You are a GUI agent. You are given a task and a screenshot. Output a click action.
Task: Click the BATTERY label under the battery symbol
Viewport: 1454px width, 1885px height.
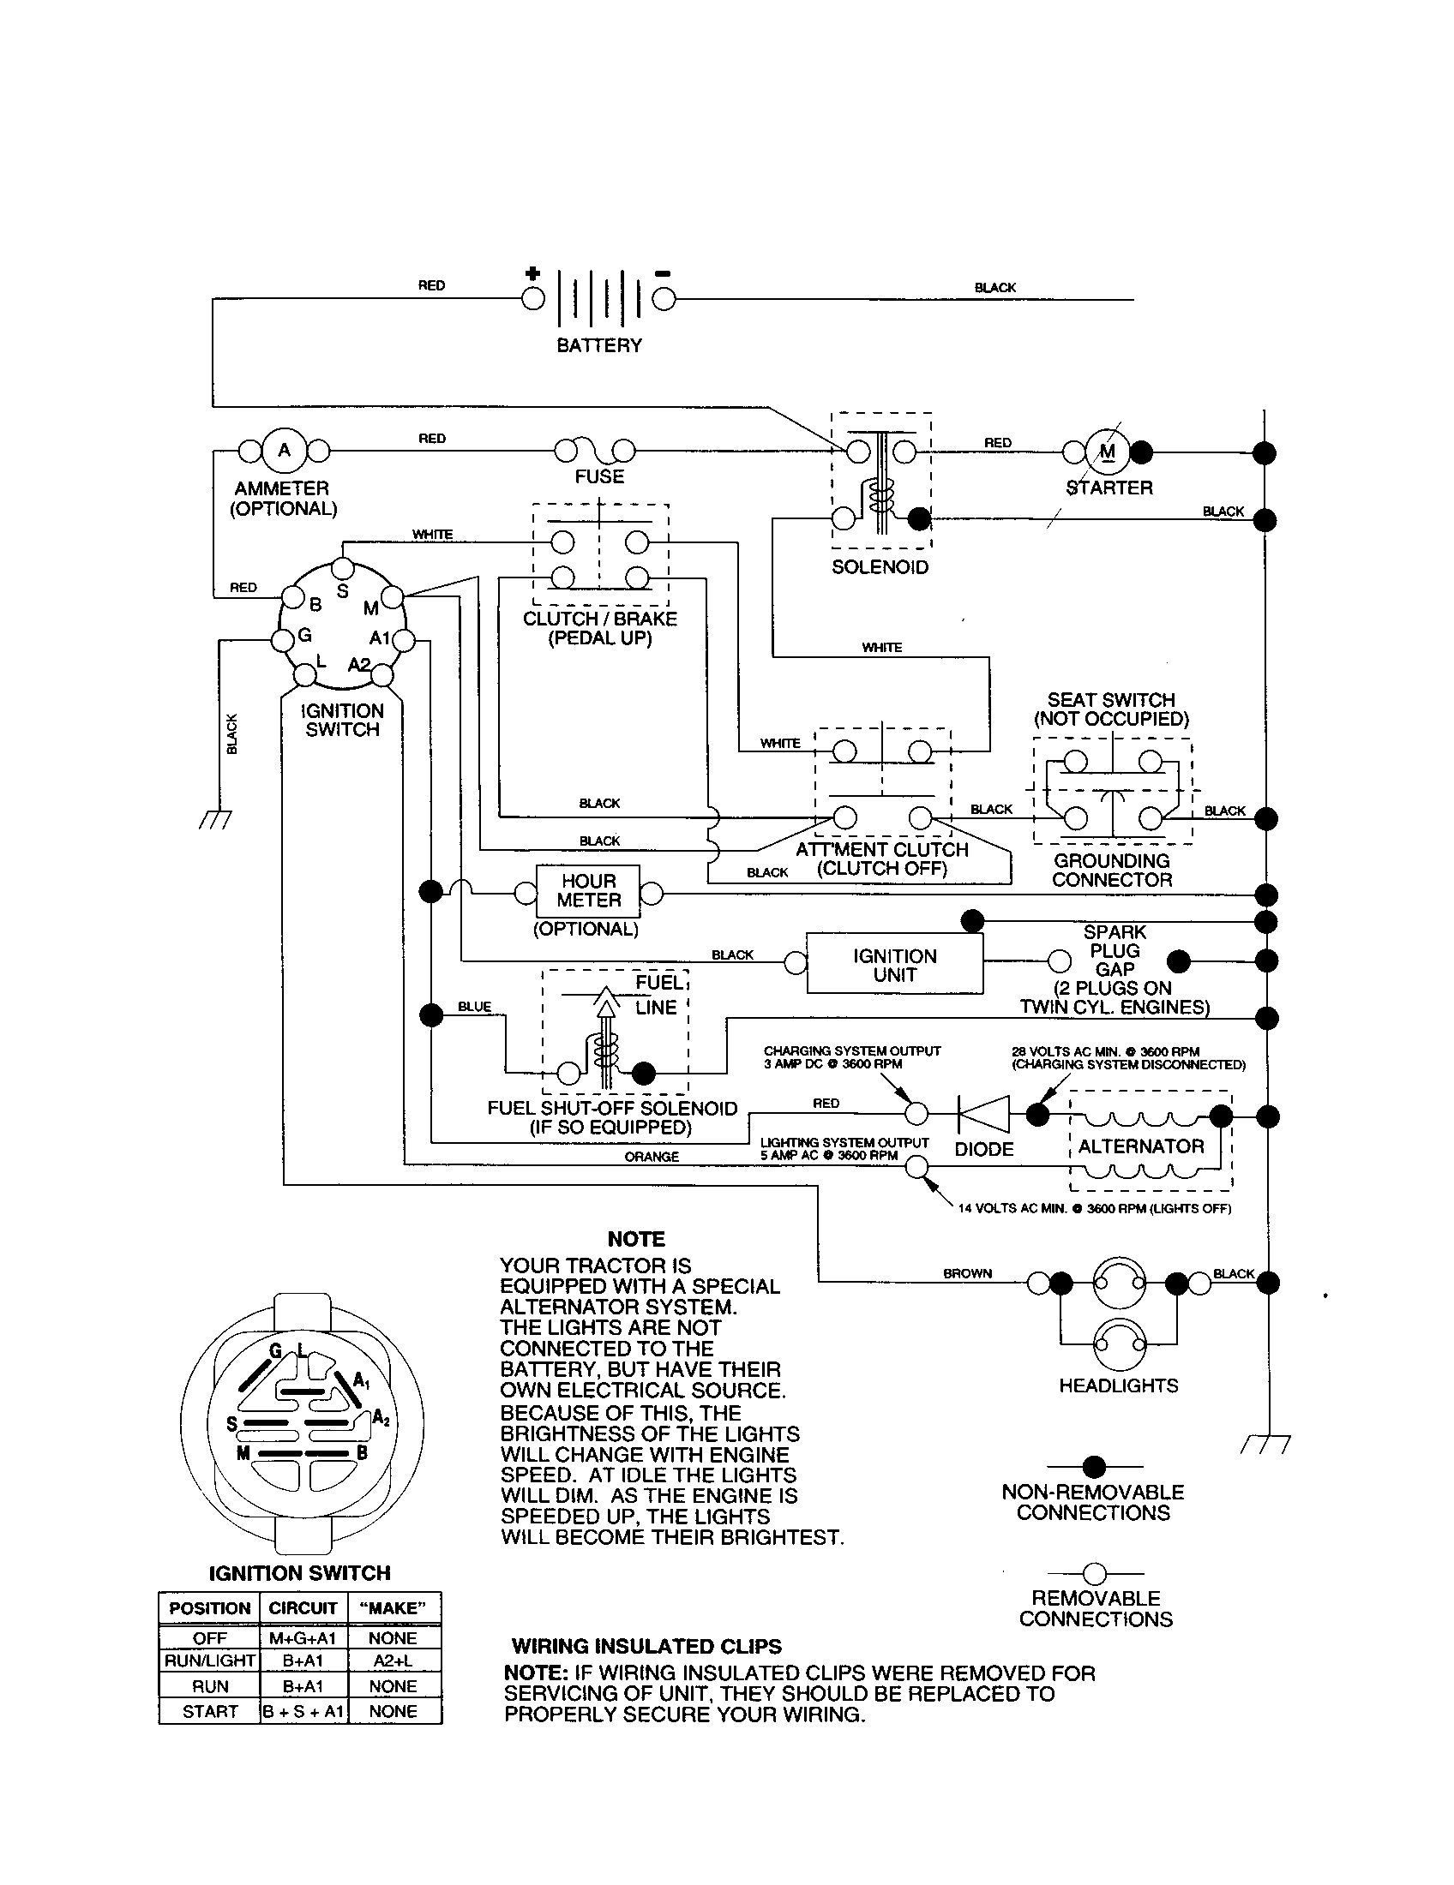tap(598, 345)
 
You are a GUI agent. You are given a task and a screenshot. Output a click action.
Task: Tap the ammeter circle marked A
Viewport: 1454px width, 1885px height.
tap(284, 450)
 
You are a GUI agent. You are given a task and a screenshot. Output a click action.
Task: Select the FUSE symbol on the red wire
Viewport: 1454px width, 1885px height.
tap(595, 450)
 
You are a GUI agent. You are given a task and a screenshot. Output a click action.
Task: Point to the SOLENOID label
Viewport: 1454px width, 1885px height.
tap(879, 567)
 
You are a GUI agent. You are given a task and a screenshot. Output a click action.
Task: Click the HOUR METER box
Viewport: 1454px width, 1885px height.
tap(588, 891)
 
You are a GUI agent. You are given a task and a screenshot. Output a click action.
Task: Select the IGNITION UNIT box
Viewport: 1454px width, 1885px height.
tap(894, 964)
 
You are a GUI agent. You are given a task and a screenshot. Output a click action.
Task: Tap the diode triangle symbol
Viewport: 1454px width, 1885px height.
tap(984, 1114)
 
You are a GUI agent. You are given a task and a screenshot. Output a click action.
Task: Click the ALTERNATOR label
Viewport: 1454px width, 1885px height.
tap(1139, 1146)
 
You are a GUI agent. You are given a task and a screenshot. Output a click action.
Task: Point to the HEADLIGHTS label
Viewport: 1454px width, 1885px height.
tap(1117, 1385)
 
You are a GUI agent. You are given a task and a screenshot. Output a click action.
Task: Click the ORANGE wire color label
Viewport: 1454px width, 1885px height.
tap(651, 1157)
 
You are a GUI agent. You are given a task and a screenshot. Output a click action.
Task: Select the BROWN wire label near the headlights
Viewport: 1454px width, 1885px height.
tap(967, 1273)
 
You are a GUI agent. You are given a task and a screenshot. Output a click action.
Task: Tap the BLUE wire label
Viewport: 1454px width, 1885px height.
tap(474, 1007)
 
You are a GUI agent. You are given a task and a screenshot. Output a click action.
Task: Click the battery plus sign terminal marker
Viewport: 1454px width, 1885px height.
tap(532, 274)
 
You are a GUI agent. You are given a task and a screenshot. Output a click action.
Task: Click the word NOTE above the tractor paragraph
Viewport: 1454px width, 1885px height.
tap(635, 1239)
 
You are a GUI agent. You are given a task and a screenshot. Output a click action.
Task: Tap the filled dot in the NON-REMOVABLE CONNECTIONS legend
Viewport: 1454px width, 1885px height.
tap(1094, 1465)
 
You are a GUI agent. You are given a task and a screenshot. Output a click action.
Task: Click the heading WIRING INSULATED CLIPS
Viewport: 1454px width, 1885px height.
tap(646, 1646)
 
